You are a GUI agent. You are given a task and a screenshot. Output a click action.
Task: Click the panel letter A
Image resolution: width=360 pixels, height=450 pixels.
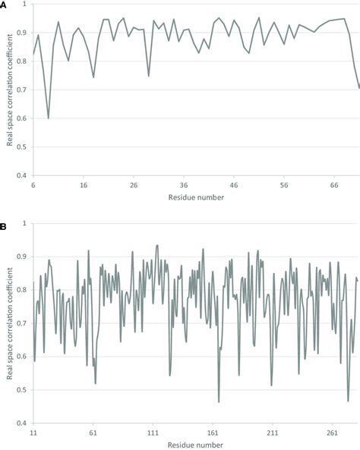[5, 5]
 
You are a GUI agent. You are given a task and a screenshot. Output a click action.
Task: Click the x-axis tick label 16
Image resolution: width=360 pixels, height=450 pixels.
[83, 184]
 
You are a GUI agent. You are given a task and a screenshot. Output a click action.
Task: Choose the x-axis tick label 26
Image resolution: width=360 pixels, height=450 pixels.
[133, 184]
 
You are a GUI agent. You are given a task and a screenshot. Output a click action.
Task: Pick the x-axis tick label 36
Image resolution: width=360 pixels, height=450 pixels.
[184, 184]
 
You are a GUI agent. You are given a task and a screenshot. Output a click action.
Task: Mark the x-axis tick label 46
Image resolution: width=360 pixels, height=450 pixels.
[234, 184]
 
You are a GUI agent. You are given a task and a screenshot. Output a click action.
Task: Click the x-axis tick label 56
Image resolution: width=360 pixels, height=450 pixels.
[284, 184]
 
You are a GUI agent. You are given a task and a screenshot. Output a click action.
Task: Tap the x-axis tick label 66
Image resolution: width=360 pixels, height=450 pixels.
[334, 184]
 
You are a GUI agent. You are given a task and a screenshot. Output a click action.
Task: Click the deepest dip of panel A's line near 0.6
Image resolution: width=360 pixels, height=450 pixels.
[49, 118]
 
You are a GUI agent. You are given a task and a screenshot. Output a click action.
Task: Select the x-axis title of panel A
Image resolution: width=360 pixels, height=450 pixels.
[195, 197]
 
